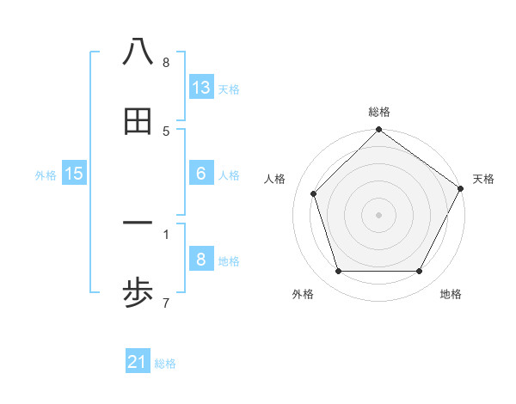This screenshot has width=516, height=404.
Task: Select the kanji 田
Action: (x=138, y=122)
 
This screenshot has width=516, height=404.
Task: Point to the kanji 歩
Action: (x=138, y=295)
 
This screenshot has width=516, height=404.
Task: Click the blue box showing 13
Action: (x=201, y=87)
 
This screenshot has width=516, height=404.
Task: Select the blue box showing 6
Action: (x=201, y=173)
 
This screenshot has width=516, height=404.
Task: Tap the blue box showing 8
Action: (x=201, y=259)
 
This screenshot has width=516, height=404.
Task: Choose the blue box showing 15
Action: (x=74, y=174)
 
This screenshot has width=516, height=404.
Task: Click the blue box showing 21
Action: (x=138, y=362)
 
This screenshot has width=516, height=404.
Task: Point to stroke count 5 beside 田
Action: (x=166, y=131)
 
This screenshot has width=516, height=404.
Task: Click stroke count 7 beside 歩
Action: (x=166, y=303)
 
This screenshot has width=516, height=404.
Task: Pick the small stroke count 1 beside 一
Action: (x=166, y=233)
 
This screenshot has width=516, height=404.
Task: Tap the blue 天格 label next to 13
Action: (x=229, y=89)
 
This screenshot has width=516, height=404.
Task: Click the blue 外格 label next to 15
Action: (x=46, y=175)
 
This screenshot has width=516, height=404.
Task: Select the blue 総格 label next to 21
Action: (x=165, y=364)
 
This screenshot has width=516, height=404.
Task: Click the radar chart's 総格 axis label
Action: (x=378, y=112)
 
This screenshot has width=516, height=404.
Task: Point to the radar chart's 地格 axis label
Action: (x=451, y=295)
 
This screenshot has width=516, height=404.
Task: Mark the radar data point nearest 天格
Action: (x=460, y=188)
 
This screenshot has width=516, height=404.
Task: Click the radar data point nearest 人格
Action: (x=314, y=193)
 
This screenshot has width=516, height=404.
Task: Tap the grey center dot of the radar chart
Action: (x=378, y=214)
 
